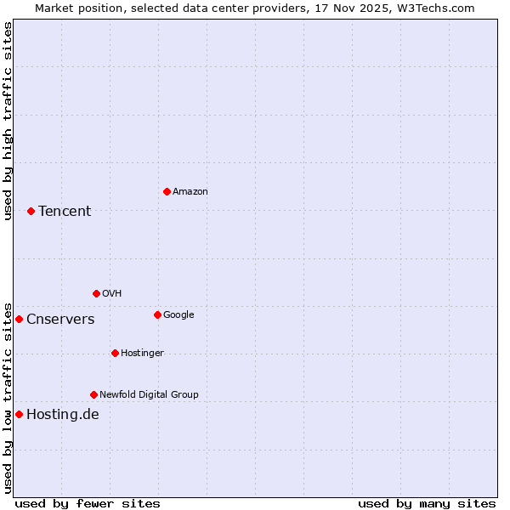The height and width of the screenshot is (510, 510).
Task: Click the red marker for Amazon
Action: (167, 191)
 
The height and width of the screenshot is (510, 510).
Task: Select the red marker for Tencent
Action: (31, 211)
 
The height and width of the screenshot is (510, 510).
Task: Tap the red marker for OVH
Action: (96, 293)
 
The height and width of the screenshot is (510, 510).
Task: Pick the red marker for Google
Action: (157, 314)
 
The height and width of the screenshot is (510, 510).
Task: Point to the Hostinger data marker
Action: (115, 353)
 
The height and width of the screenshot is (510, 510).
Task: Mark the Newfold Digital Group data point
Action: (93, 394)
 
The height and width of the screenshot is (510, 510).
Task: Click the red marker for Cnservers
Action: (19, 319)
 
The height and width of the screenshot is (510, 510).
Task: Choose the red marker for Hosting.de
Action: (19, 414)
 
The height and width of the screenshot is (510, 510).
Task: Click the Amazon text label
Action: (190, 192)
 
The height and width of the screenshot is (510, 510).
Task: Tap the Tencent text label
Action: (65, 212)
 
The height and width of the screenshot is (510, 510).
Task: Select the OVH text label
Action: (111, 294)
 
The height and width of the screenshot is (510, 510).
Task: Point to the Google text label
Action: (178, 315)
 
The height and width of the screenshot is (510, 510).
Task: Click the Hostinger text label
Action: (142, 354)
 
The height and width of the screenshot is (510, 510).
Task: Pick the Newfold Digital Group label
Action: (149, 395)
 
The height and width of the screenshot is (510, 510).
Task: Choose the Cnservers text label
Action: (60, 320)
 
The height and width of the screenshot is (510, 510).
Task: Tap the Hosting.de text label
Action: (63, 415)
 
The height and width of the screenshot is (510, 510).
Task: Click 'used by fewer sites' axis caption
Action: (88, 504)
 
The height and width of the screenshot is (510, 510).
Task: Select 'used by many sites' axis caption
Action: (427, 504)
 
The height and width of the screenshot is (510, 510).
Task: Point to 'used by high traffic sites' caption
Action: (8, 121)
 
